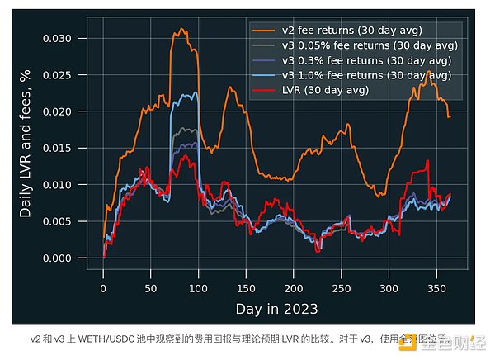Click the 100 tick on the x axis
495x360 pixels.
click(x=198, y=287)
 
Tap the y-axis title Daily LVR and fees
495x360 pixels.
click(x=26, y=144)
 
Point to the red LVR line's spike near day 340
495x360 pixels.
click(x=427, y=161)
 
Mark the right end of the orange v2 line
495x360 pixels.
click(x=450, y=117)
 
